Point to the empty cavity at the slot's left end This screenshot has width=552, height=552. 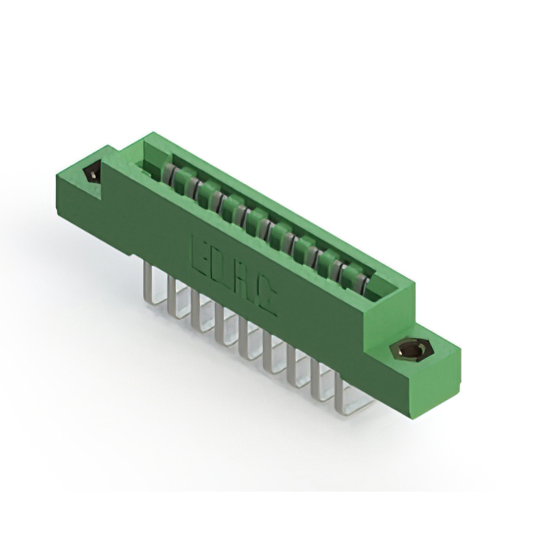pos(152,169)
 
